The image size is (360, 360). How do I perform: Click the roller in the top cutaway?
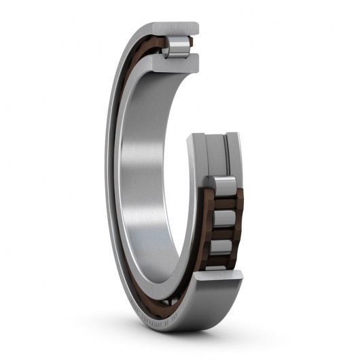(178, 46)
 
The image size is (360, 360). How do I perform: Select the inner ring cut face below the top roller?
(178, 62)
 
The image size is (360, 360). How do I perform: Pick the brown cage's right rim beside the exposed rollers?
(239, 217)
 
